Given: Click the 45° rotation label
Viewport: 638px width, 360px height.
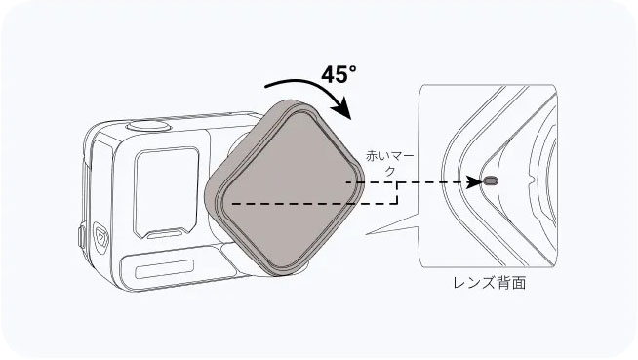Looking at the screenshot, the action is tap(339, 74).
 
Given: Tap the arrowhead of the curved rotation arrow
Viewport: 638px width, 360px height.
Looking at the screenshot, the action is tap(341, 108).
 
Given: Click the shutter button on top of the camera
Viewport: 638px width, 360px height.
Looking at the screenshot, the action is tap(148, 126).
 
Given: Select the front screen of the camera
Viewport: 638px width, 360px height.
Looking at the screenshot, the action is tap(166, 192).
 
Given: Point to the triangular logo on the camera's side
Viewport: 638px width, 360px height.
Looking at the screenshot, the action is tap(100, 238).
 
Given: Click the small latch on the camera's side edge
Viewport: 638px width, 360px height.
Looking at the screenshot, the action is tap(81, 237).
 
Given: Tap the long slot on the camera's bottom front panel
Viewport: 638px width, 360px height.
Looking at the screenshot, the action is tap(164, 269).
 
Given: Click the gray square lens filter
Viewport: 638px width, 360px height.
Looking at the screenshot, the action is tap(284, 188).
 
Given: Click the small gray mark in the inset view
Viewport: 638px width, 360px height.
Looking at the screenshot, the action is tap(490, 180).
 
